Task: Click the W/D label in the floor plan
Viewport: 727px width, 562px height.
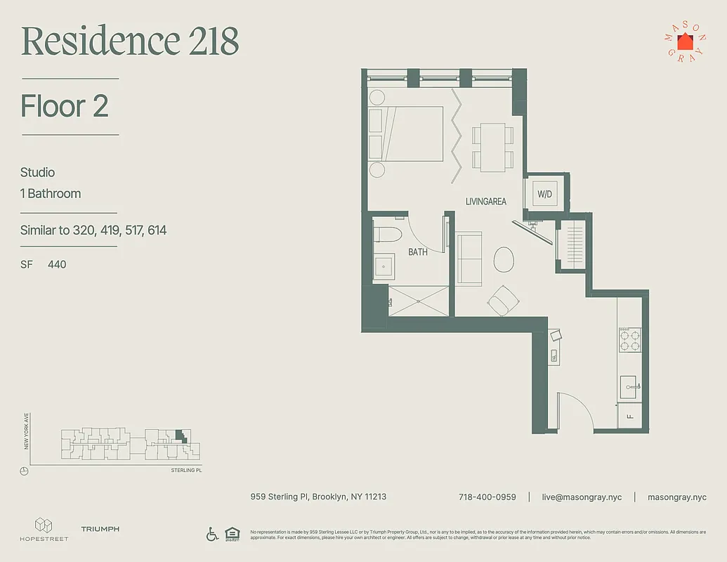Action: (544, 194)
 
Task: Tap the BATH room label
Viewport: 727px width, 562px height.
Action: (418, 251)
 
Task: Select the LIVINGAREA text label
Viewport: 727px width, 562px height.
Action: (486, 202)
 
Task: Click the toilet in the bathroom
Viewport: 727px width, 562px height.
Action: (386, 234)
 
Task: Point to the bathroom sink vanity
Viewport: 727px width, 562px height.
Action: (384, 266)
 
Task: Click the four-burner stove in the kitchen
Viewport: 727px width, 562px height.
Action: (630, 340)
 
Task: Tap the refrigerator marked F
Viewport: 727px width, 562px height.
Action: (629, 416)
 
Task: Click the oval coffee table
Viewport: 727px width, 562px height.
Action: (504, 259)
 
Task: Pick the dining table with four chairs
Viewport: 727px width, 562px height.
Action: (488, 146)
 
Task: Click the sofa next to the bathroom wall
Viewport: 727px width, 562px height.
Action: (469, 259)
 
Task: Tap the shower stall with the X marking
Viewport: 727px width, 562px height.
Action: (417, 301)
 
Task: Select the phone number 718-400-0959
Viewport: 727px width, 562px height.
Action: (487, 497)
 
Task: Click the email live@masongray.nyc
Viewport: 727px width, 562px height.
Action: (582, 497)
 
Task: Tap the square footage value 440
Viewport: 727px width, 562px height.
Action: (57, 264)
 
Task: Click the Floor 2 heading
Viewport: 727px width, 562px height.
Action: (65, 106)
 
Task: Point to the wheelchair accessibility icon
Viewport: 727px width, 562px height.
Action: (212, 535)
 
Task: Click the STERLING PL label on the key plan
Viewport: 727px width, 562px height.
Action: (186, 470)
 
